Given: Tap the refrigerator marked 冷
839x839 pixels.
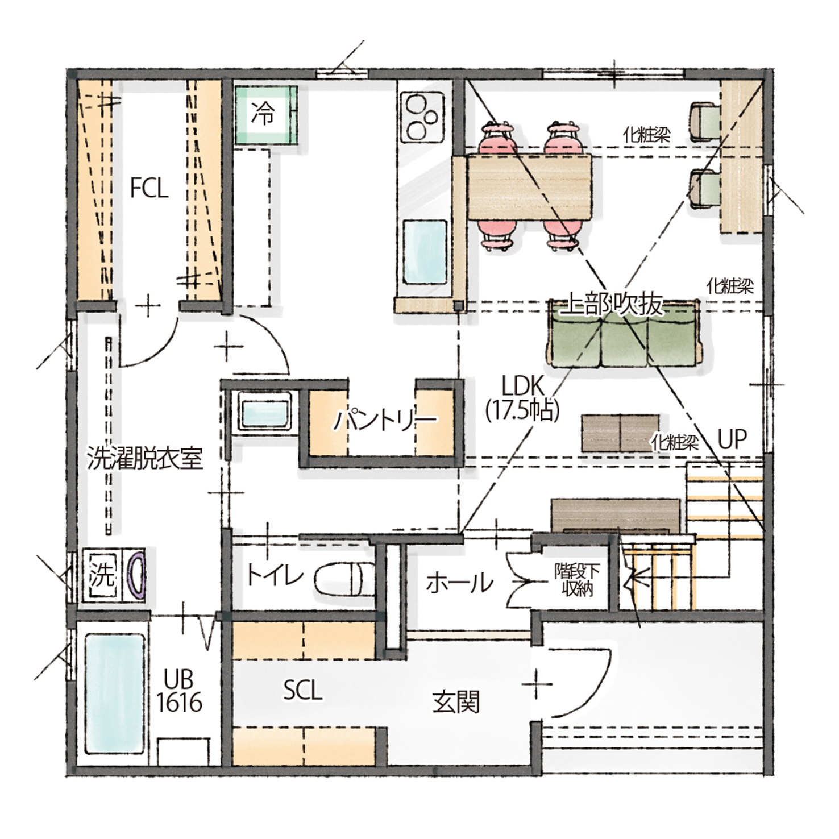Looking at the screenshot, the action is point(267,115).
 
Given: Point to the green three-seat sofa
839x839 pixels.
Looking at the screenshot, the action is point(624,334).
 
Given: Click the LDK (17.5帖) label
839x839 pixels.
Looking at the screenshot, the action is point(522,398).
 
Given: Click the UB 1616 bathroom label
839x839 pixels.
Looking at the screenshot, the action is point(179,691).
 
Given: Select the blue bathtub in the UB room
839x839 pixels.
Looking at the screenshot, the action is point(115,695).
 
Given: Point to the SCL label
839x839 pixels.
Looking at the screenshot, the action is point(303,691).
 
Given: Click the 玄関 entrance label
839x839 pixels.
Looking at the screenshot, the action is point(456,701).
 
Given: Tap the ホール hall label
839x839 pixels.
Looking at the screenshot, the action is point(459,583).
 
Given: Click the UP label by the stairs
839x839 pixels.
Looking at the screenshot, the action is point(732,439).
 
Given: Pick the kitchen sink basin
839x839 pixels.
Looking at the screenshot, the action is point(425,251).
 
